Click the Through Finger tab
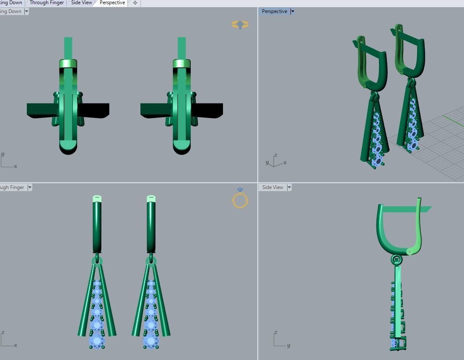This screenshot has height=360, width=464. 47,3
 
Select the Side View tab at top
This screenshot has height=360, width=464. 81,3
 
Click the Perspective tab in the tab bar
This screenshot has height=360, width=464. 112,3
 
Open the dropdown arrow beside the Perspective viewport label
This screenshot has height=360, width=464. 293,12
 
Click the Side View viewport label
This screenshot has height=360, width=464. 272,187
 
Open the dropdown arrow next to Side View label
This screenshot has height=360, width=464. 289,187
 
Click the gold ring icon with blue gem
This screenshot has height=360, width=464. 240,199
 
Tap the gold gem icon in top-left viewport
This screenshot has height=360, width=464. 240,25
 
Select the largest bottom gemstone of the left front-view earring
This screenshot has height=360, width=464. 97,340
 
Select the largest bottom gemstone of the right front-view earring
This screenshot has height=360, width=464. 151,340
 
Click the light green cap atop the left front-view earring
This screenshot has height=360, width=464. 97,198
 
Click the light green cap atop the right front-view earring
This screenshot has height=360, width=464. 151,198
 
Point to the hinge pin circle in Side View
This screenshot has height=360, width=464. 410,251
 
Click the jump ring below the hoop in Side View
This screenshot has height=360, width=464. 396,260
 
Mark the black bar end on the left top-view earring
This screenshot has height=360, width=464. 94,110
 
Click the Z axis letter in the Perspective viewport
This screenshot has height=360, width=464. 275,155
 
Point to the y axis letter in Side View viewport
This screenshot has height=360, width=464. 288,346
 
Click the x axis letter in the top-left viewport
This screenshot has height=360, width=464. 16,166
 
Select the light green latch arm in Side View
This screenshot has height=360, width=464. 418,226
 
